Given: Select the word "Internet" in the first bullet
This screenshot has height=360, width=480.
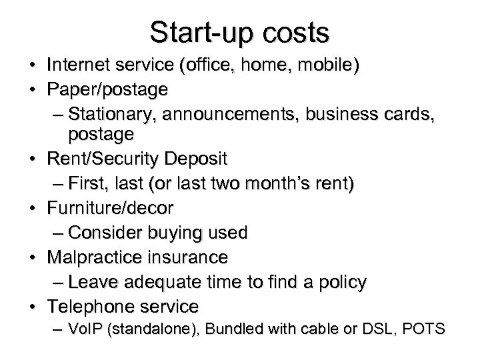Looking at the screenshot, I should pyautogui.click(x=79, y=66).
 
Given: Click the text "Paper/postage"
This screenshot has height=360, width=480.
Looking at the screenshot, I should pyautogui.click(x=107, y=89).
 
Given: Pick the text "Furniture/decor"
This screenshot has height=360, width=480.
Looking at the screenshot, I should pyautogui.click(x=110, y=208).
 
